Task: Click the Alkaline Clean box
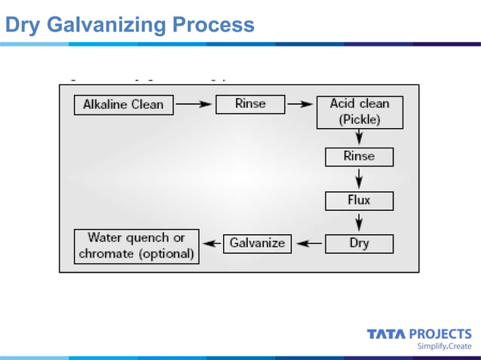124,105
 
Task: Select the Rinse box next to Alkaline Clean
250,104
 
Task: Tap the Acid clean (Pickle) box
360,111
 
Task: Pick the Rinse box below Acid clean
359,157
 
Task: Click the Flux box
359,200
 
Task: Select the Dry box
359,243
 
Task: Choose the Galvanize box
257,243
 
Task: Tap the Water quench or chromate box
136,246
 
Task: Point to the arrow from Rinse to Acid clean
301,105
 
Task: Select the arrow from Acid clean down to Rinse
360,138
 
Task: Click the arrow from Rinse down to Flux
360,179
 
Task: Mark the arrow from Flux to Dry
360,222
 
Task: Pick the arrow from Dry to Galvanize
308,244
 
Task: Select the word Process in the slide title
213,25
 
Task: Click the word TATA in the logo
386,334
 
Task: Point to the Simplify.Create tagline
444,346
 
